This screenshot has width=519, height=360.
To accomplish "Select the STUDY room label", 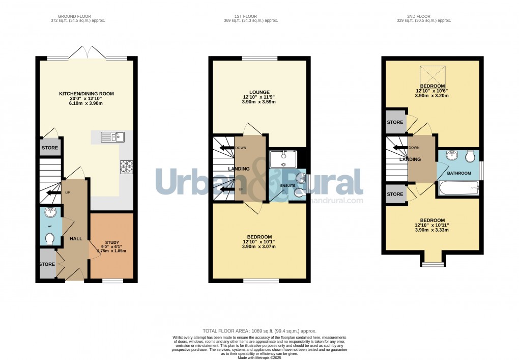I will [111, 242].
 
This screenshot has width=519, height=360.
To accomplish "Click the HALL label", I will [76, 239].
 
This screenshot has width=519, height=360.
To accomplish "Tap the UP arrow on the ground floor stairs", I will [51, 193].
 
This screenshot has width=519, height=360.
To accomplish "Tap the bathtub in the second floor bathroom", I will [458, 190].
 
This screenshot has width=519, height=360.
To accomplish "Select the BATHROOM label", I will [459, 173].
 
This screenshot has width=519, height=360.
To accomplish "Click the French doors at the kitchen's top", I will [87, 52].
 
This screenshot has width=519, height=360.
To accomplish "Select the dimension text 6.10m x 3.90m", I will [86, 103].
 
